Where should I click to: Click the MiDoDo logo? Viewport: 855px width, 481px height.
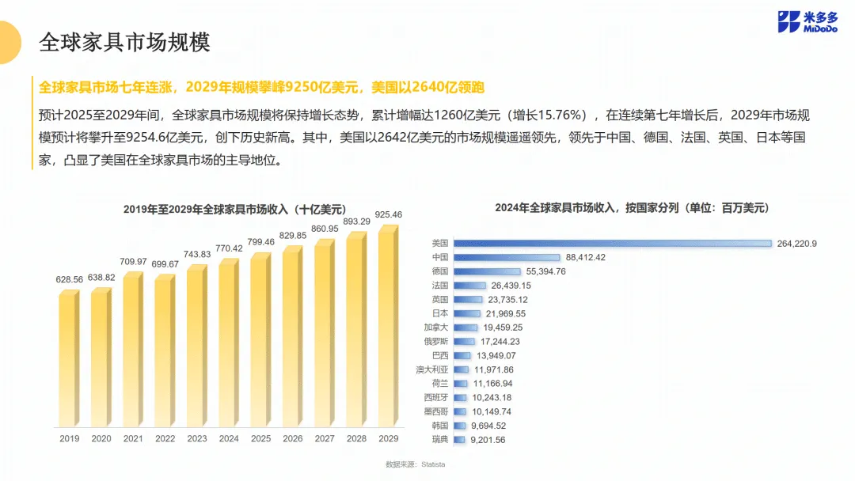pyautogui.click(x=807, y=22)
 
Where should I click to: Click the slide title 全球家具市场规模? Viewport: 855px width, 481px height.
pyautogui.click(x=124, y=42)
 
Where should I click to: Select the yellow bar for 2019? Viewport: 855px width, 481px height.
pyautogui.click(x=69, y=358)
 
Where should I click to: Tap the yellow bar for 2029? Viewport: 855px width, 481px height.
pyautogui.click(x=388, y=326)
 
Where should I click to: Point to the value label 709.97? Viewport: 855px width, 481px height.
pyautogui.click(x=133, y=262)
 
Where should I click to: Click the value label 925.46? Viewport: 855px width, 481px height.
pyautogui.click(x=388, y=214)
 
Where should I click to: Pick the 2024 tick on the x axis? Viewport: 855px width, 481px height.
pyautogui.click(x=229, y=438)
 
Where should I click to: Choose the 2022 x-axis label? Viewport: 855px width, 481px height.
pyautogui.click(x=165, y=438)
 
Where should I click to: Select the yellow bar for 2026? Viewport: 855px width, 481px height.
pyautogui.click(x=293, y=336)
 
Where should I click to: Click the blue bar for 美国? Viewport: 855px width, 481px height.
pyautogui.click(x=613, y=244)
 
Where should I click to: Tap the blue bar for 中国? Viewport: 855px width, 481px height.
pyautogui.click(x=507, y=257)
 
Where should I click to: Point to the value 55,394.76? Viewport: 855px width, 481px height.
pyautogui.click(x=545, y=271)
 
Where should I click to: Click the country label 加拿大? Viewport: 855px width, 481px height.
pyautogui.click(x=435, y=328)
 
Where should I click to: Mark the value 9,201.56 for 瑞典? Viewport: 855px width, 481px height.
pyautogui.click(x=488, y=440)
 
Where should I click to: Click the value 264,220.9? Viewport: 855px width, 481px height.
pyautogui.click(x=796, y=244)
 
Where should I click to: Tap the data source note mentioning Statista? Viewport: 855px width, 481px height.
pyautogui.click(x=416, y=464)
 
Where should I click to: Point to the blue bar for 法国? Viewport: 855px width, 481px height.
pyautogui.click(x=469, y=286)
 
